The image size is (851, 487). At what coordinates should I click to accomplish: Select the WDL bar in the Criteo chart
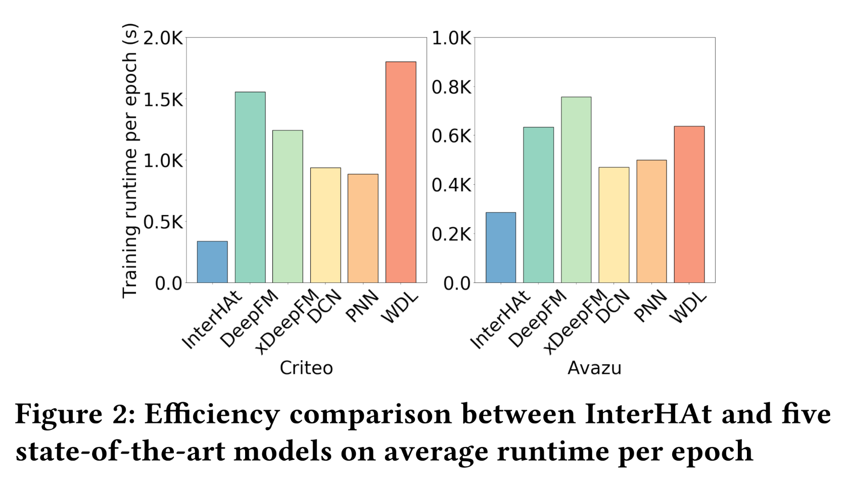[401, 172]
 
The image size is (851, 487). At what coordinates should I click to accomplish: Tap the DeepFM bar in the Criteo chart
[250, 187]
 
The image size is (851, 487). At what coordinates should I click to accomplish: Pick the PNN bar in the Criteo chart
[363, 228]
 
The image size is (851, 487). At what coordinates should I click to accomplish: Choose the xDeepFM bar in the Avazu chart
[576, 189]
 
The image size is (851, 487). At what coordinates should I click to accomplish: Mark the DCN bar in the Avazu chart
[614, 225]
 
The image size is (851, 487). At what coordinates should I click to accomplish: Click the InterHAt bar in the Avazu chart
[501, 248]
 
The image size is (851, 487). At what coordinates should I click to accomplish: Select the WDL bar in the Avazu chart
[689, 204]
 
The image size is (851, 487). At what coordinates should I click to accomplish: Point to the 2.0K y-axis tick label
[163, 38]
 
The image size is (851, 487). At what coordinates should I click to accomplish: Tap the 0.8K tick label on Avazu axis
[451, 87]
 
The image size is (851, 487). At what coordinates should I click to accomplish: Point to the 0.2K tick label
[451, 234]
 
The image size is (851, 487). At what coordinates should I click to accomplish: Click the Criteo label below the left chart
[306, 368]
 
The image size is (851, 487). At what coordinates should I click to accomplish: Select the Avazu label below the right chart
[594, 368]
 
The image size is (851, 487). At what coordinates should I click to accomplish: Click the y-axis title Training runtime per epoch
[130, 161]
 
